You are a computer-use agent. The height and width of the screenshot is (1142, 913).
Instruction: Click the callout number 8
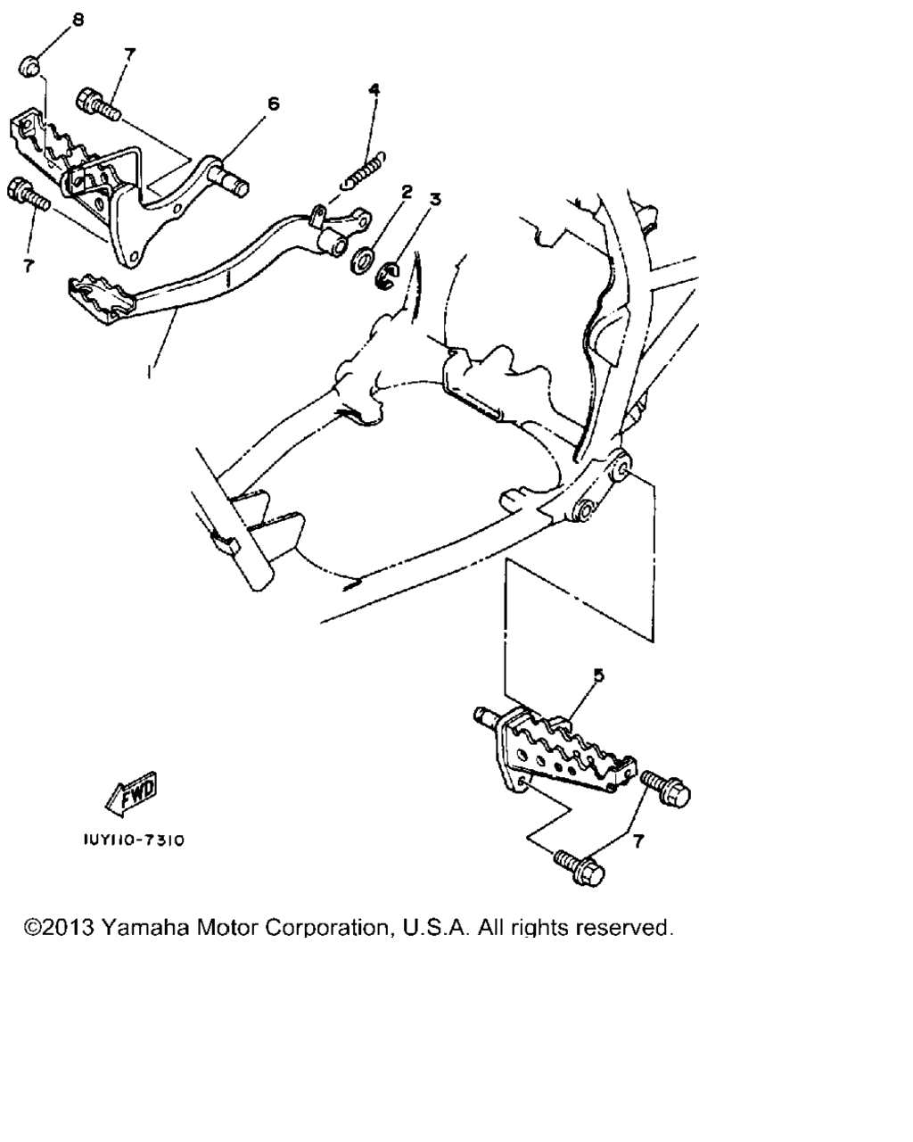78,21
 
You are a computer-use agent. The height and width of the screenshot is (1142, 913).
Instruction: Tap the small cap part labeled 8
29,68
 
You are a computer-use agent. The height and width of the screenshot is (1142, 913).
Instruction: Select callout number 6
273,103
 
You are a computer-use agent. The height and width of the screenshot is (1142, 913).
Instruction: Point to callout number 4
374,89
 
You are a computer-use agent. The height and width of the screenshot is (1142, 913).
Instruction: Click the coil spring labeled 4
363,170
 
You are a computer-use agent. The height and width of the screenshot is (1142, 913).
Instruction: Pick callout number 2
407,192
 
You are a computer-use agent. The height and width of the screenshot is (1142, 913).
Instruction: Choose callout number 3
435,200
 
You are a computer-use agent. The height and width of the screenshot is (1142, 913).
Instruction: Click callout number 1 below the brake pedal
150,371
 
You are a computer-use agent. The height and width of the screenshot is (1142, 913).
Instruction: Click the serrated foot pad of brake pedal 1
102,298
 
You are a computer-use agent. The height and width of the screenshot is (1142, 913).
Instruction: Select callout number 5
598,675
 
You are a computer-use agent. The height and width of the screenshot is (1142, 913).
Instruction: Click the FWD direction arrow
131,794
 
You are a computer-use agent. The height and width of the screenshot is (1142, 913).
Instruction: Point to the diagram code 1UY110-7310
134,840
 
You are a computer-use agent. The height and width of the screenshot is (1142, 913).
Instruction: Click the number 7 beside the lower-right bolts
637,841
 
